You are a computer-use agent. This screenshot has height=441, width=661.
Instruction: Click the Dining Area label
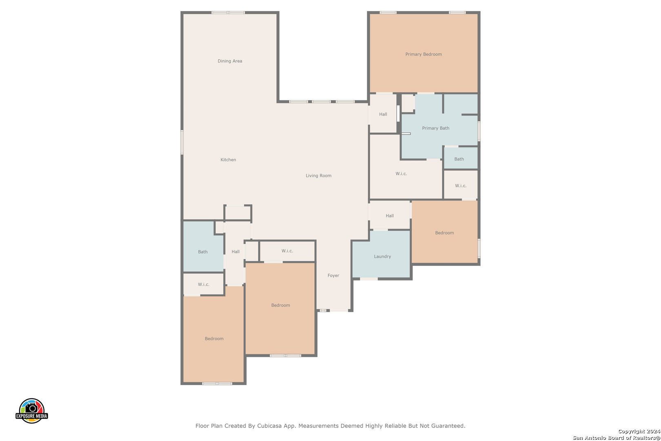(230, 61)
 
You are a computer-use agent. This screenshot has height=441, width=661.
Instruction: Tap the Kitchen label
(228, 160)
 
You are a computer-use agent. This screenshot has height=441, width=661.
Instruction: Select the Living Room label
(318, 176)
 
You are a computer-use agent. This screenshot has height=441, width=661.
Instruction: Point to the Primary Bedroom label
(424, 54)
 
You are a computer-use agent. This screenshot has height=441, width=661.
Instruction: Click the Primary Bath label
(435, 128)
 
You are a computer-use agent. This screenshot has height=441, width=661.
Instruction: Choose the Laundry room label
(382, 257)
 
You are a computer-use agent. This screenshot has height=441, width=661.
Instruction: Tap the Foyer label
(333, 276)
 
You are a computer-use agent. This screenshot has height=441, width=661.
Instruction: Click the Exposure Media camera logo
(31, 410)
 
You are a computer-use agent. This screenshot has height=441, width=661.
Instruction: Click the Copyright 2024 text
(639, 431)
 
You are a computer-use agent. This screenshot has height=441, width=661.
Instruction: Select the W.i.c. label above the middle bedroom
(287, 251)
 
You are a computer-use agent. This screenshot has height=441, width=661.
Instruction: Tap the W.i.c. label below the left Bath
(203, 285)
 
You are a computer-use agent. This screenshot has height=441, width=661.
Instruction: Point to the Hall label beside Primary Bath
(383, 114)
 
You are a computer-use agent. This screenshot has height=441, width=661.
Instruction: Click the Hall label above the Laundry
(390, 216)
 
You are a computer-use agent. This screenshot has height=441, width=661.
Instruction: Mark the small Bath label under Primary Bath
(459, 159)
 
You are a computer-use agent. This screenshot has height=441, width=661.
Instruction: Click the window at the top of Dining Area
(228, 12)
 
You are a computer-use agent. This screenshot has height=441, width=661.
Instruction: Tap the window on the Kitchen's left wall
(182, 143)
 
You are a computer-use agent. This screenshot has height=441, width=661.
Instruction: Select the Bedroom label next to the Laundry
(444, 233)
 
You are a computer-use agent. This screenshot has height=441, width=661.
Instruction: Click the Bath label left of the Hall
(203, 252)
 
